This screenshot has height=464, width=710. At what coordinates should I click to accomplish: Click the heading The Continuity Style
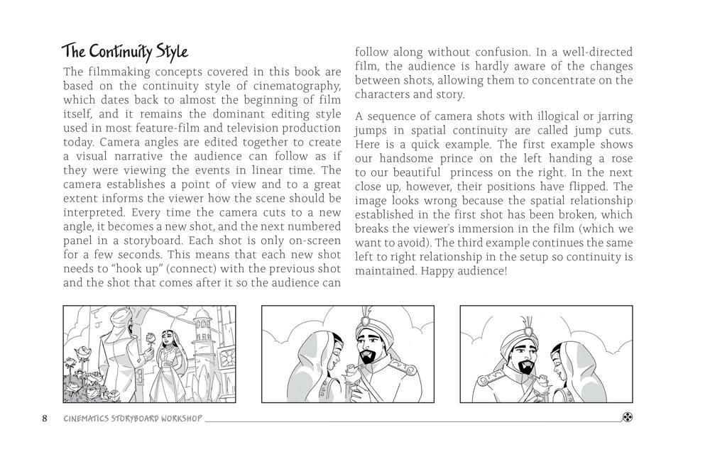[124, 52]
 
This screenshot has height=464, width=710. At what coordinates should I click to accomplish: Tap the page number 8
[45, 418]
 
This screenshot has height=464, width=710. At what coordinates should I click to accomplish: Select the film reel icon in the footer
[628, 417]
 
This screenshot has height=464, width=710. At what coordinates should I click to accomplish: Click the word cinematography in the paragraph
[292, 86]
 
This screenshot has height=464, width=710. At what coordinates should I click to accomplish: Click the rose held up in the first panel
[150, 337]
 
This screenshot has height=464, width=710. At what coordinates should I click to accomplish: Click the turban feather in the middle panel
[367, 315]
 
